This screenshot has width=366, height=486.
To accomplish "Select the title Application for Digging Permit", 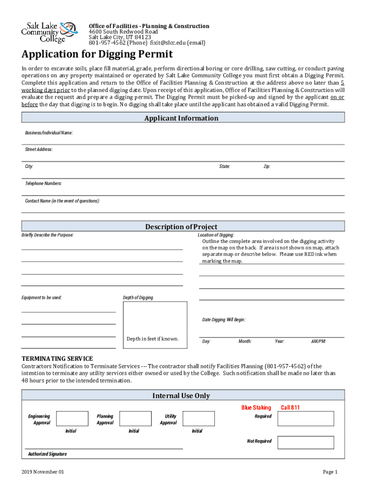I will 97,54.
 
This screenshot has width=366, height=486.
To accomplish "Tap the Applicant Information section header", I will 183,118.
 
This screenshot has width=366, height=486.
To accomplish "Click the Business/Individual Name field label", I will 49,133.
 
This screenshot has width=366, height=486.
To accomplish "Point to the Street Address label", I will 39,150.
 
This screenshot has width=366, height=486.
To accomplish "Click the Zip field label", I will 267,167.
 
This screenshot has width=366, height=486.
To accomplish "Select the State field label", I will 224,167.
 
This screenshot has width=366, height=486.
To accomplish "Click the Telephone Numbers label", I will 43,184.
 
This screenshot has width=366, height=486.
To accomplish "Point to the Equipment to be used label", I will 41,298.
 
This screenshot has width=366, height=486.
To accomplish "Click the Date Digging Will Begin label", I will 224,320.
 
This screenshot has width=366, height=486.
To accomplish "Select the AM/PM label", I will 318,342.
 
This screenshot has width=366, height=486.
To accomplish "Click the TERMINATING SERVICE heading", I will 57,359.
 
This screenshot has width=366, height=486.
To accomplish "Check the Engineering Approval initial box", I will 72,419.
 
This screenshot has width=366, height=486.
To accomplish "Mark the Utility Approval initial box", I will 198,419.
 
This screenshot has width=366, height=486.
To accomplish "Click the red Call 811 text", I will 290,408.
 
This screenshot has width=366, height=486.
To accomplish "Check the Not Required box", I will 306,442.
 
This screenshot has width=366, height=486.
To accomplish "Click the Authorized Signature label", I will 47,454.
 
